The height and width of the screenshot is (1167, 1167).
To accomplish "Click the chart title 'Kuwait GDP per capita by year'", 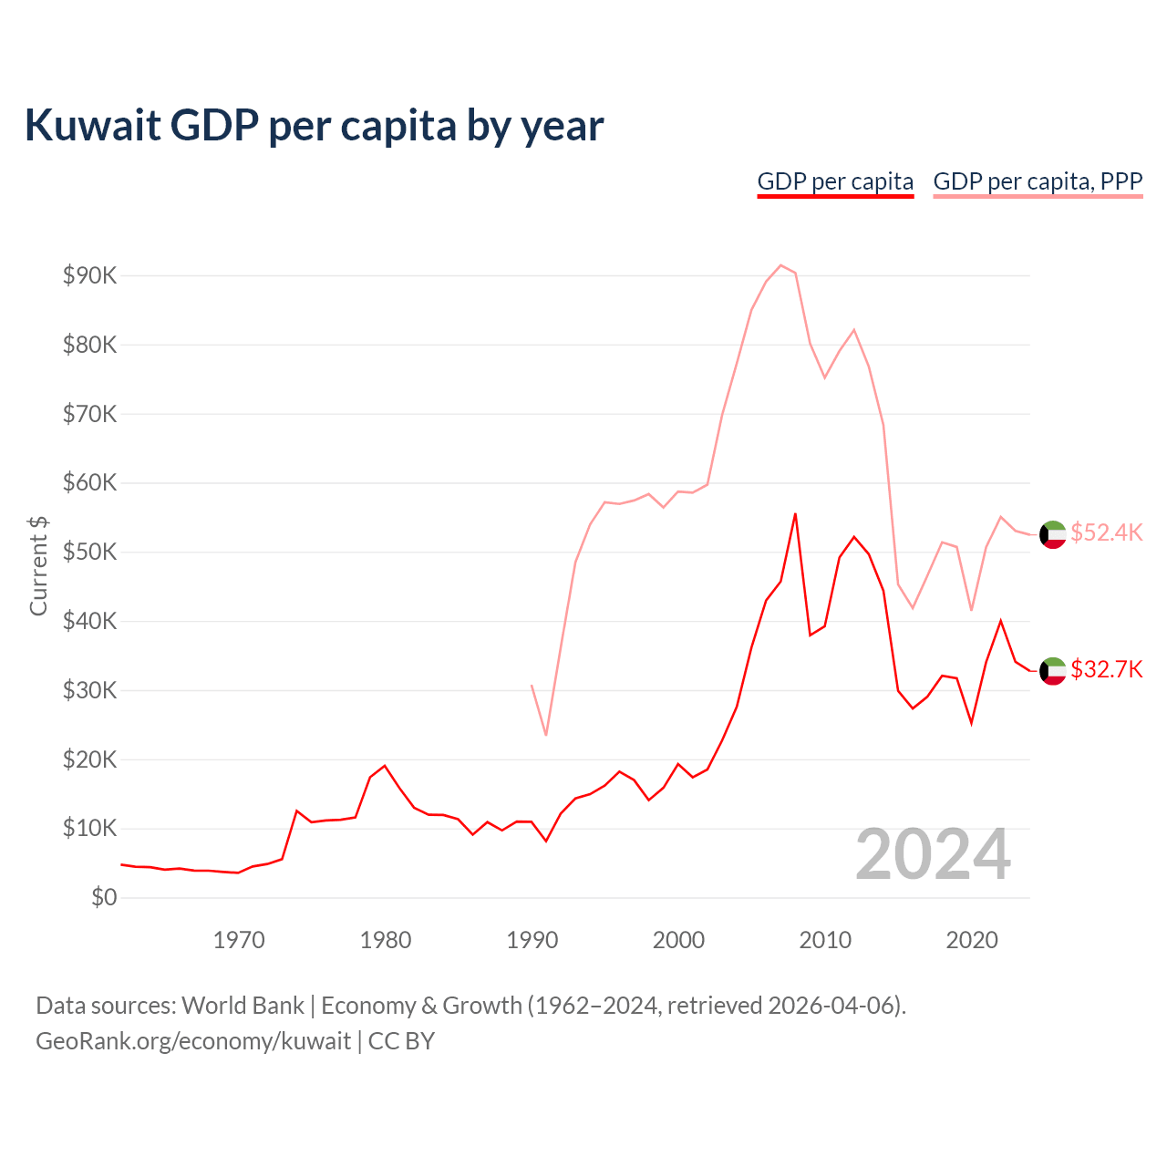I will (x=314, y=125).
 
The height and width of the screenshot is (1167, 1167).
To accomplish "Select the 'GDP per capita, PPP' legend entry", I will (x=1038, y=181).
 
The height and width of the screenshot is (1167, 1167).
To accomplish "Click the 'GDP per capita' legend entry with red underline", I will (x=835, y=181).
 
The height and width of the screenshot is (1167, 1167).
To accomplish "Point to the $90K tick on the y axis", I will (x=89, y=275).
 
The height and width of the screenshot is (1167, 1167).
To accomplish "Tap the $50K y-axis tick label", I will (x=89, y=553).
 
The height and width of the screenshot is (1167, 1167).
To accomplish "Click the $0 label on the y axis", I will (x=104, y=898).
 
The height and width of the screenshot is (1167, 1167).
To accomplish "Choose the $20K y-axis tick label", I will (x=89, y=759).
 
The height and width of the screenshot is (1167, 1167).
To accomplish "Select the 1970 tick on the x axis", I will (x=239, y=940).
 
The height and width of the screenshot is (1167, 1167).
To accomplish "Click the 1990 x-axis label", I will (x=532, y=940).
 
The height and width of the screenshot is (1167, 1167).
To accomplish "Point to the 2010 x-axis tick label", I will (x=825, y=940).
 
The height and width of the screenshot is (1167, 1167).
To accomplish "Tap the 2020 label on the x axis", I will (x=972, y=940).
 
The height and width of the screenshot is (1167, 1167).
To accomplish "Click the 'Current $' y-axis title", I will (x=38, y=565).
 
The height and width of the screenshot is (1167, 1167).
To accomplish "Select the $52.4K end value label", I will (x=1106, y=532).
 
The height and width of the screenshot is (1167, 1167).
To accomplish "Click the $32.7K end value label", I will (x=1106, y=670).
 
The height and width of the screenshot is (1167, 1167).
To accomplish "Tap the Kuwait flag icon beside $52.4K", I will (x=1053, y=534).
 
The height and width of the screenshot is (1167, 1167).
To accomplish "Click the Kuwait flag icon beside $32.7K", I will (x=1053, y=671).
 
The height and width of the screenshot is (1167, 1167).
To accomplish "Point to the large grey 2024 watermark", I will (x=933, y=854).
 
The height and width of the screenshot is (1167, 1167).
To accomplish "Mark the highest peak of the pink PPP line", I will (x=780, y=265).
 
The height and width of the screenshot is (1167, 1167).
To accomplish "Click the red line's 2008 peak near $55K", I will (x=795, y=513).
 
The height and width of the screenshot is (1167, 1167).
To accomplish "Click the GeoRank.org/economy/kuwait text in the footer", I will (x=193, y=1041).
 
